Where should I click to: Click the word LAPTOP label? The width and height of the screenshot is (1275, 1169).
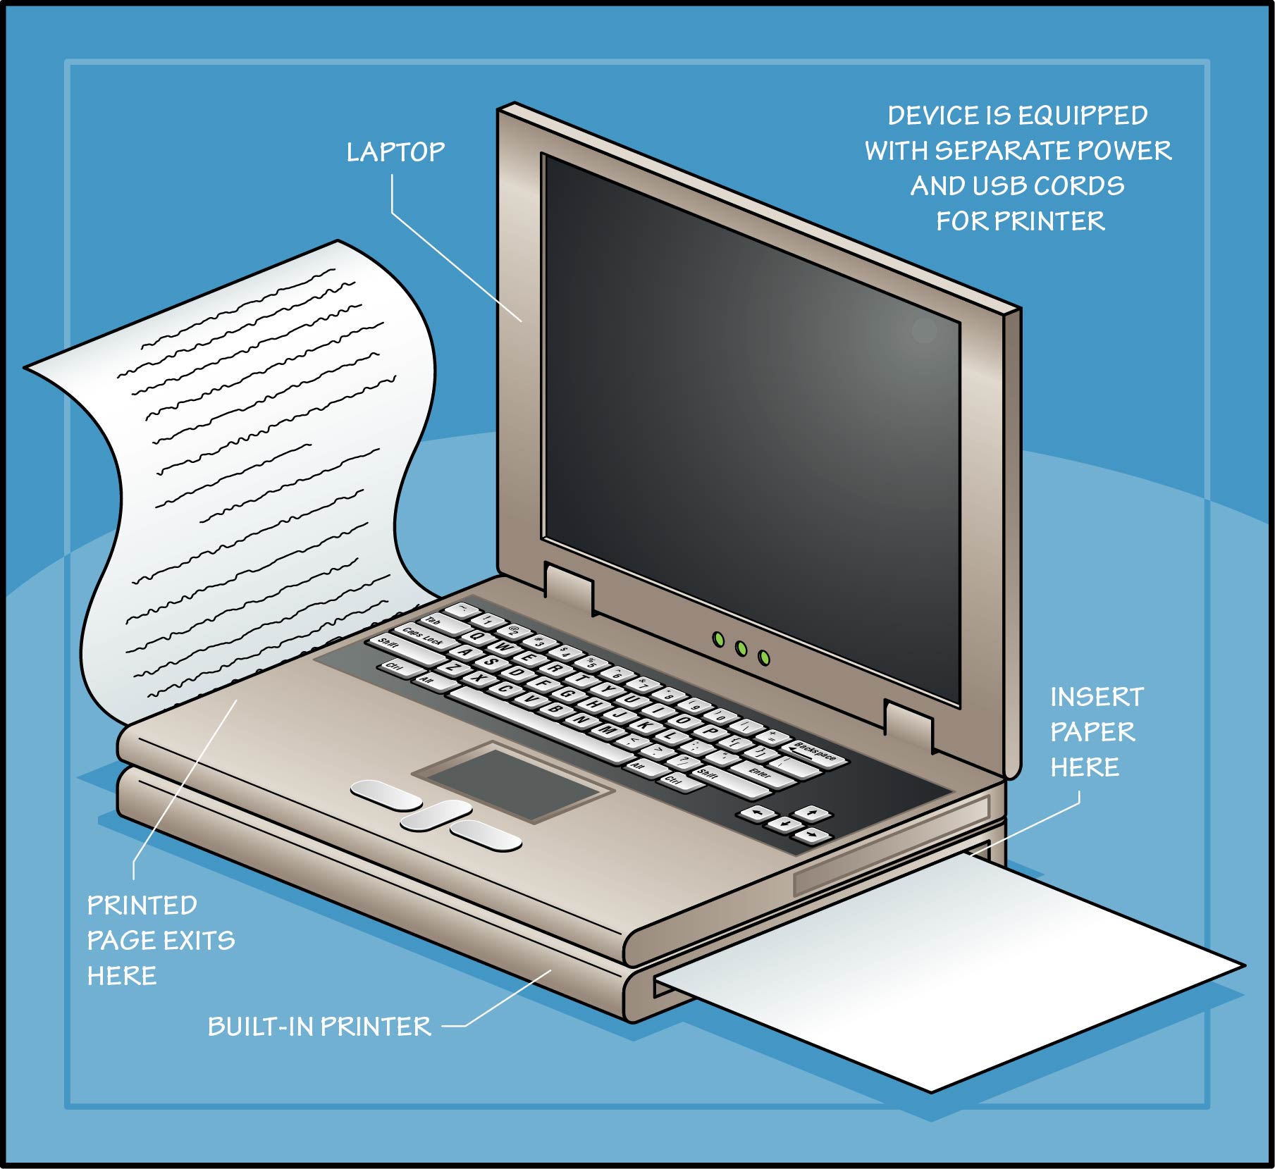395,152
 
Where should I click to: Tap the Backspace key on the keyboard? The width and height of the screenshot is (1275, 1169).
816,753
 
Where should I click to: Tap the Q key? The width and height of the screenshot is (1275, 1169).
478,636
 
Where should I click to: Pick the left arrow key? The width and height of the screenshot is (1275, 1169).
756,814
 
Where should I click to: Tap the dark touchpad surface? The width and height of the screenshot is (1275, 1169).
512,781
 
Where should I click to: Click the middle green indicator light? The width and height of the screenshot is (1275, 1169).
741,648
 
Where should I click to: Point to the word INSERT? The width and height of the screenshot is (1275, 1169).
1097,697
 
